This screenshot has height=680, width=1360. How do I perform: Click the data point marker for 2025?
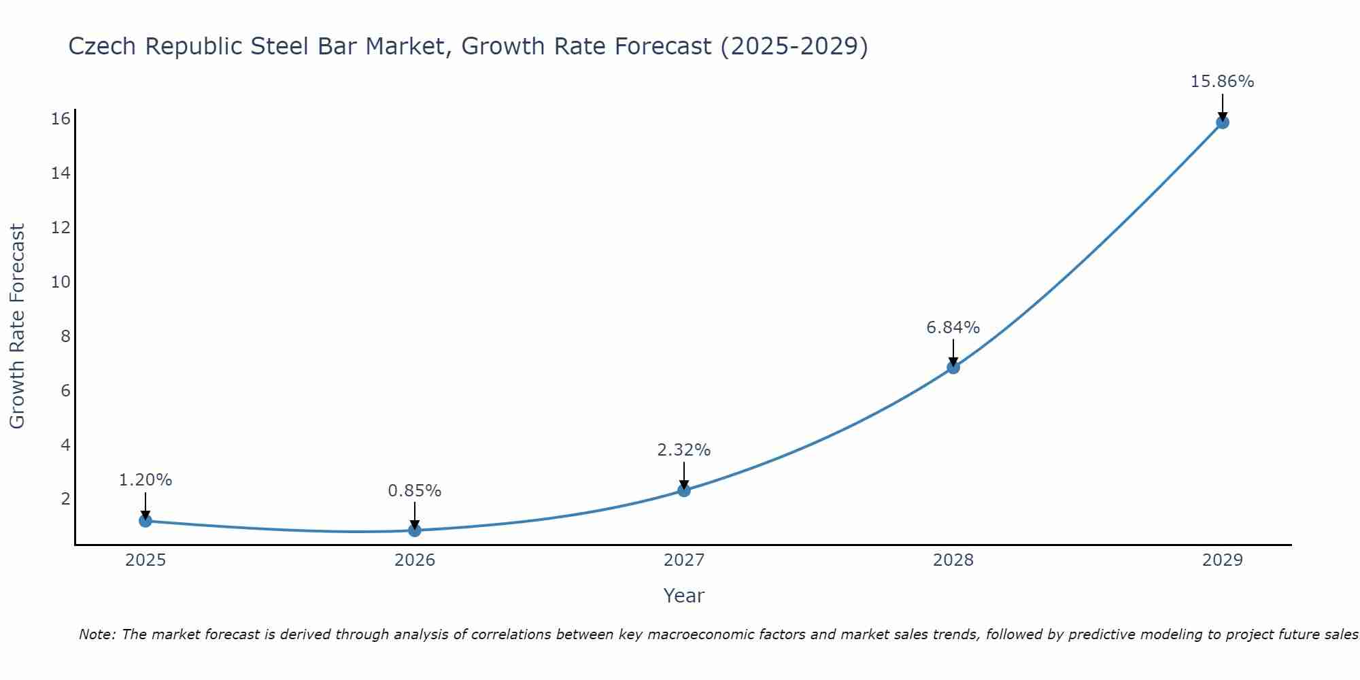145,521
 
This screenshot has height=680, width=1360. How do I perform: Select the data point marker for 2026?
415,530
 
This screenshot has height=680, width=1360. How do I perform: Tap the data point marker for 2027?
684,490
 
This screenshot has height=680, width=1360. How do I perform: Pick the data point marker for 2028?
953,367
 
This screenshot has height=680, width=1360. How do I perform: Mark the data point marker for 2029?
1222,122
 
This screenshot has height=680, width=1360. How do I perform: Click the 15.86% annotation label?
1222,82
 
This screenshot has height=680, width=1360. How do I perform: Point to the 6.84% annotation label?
953,328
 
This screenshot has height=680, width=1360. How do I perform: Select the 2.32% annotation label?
683,450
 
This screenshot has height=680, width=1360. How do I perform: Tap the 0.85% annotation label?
414,491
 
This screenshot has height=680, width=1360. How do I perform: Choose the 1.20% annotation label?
145,480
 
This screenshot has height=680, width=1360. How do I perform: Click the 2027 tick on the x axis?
684,560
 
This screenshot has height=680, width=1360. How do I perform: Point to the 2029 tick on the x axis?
1222,560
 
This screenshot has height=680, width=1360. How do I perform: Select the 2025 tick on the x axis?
146,560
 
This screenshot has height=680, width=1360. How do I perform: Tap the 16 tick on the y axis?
61,119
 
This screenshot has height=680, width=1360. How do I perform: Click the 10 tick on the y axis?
61,282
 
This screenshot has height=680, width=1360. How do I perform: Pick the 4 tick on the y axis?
65,445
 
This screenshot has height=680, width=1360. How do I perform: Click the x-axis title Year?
683,596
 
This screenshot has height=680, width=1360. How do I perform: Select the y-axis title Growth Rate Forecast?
17,326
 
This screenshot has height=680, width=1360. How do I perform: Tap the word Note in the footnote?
97,634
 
